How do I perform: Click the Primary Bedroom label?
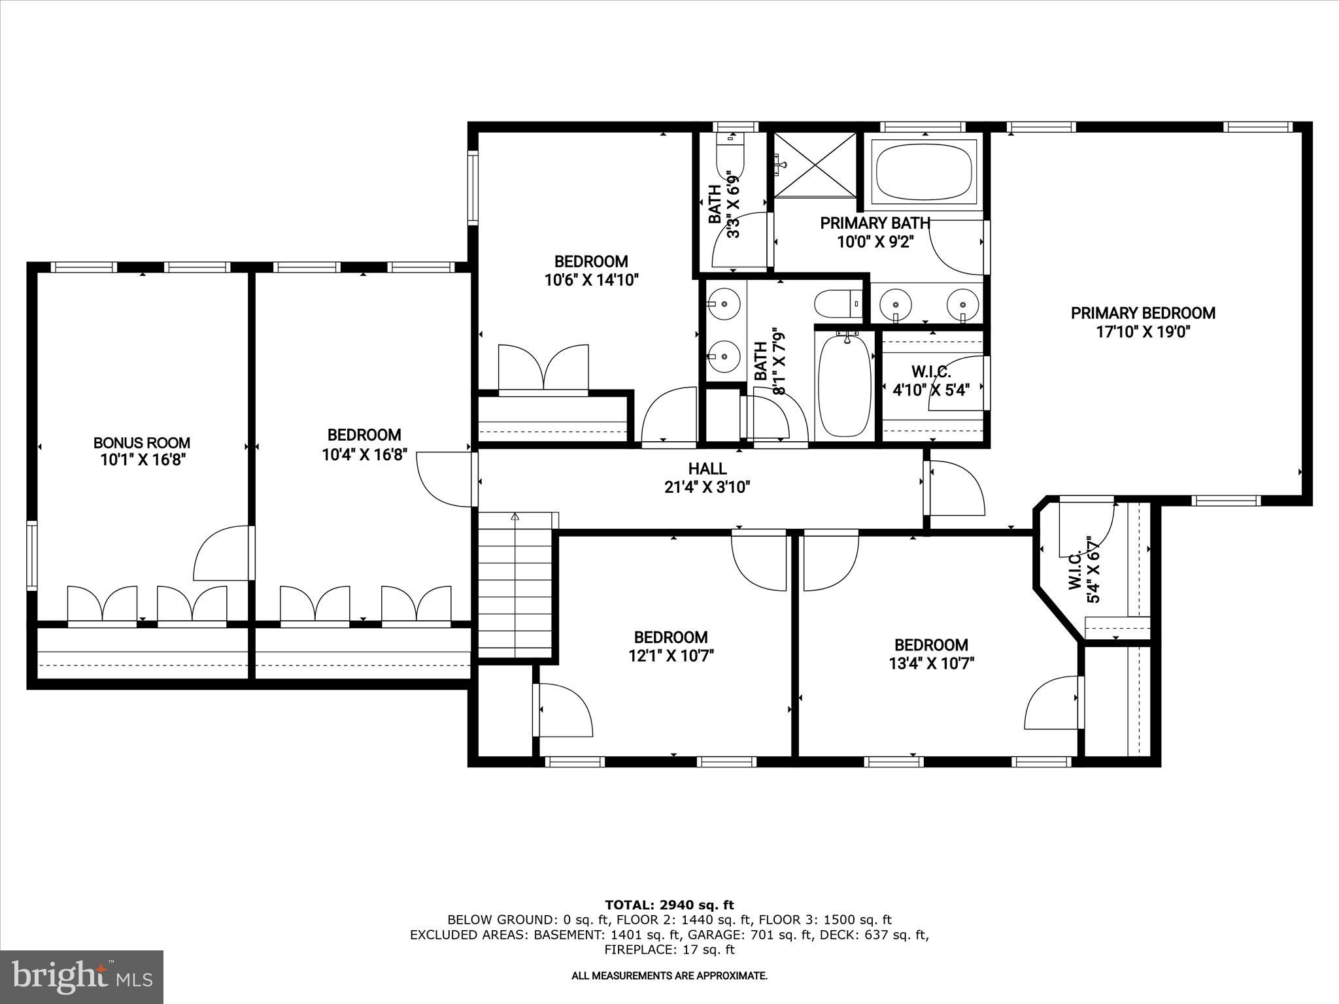(x=1142, y=313)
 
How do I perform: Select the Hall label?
(x=707, y=468)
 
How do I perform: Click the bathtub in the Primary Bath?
(x=924, y=172)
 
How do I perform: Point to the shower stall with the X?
(x=815, y=164)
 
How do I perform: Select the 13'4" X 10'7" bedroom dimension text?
(x=931, y=664)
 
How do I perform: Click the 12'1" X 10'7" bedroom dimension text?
(x=670, y=656)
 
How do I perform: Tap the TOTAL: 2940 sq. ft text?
(x=669, y=905)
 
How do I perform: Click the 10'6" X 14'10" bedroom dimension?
(x=591, y=280)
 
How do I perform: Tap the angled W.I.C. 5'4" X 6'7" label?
(x=1085, y=569)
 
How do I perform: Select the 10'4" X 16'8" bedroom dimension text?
(x=364, y=454)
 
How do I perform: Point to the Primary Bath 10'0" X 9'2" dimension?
(x=875, y=242)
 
